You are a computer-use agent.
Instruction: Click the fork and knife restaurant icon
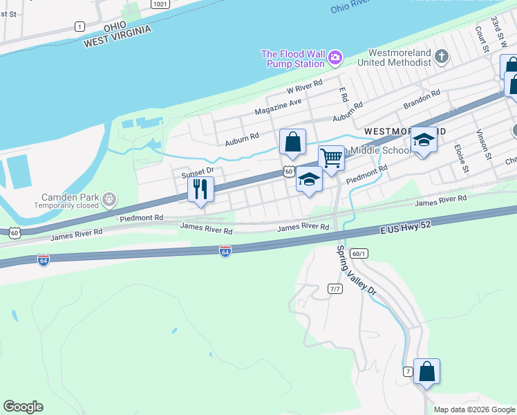click(200, 189)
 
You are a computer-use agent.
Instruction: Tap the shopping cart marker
click(331, 158)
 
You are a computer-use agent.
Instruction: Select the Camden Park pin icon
click(109, 201)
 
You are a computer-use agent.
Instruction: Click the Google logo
click(23, 407)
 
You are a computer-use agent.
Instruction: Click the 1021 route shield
click(159, 4)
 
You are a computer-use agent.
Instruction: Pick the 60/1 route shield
click(357, 253)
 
